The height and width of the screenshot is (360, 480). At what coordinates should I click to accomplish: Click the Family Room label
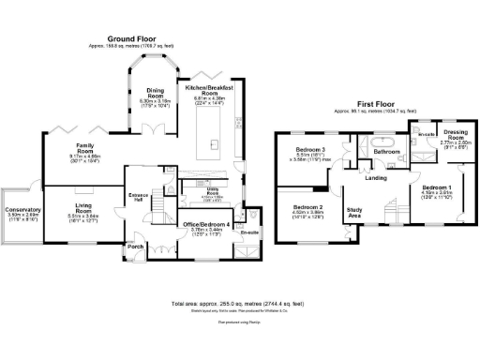(91, 149)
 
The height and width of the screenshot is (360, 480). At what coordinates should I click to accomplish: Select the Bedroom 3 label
(310, 150)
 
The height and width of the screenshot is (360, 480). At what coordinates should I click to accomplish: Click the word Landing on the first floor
(376, 178)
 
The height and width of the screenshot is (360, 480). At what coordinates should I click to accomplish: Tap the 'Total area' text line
(239, 305)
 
